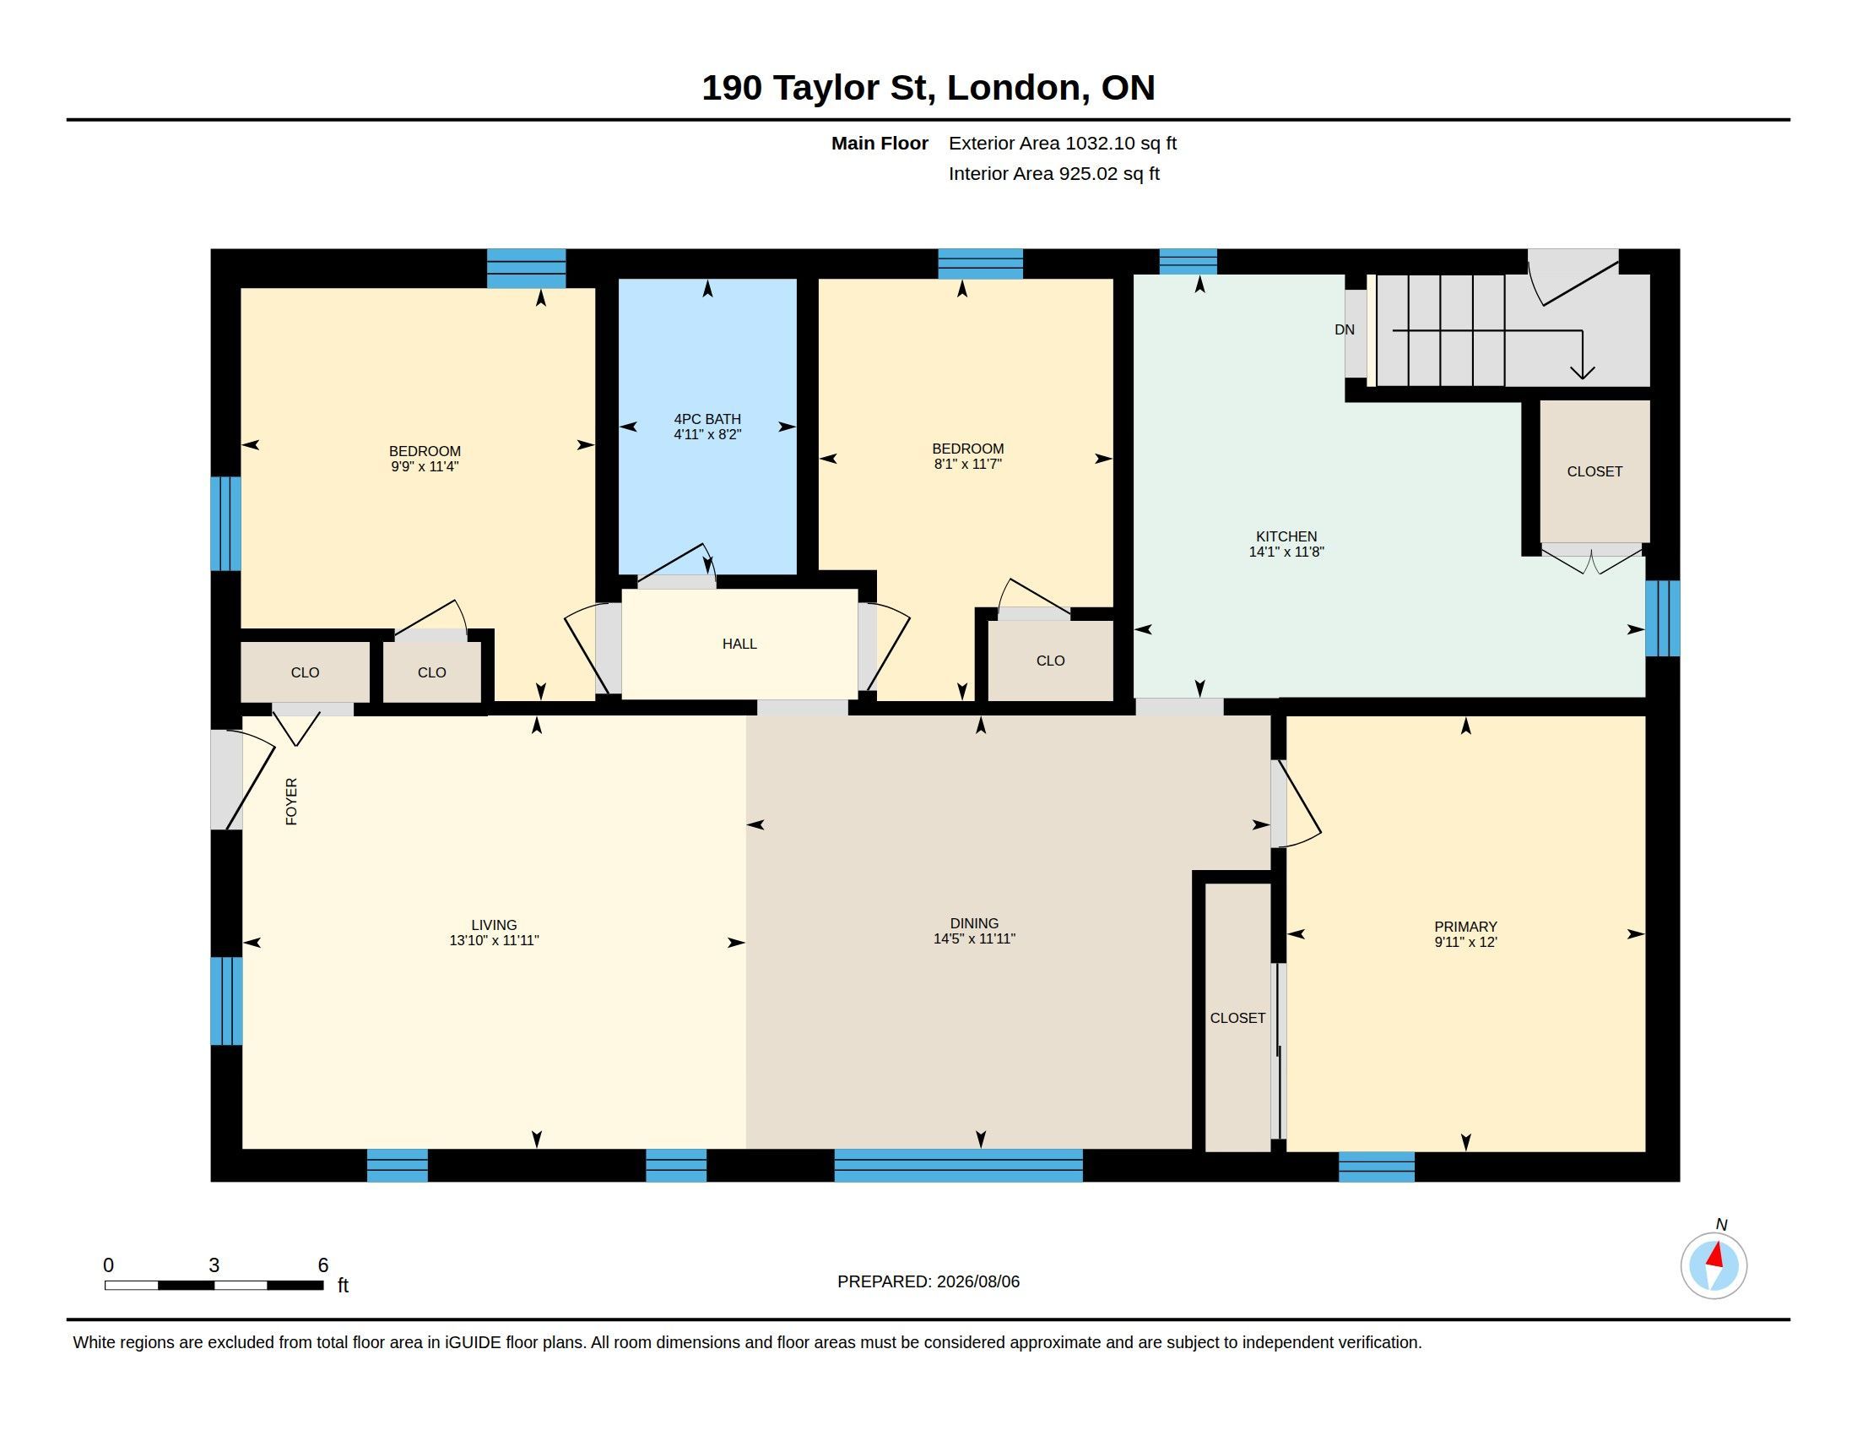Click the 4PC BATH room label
(707, 418)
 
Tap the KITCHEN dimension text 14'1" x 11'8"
(1286, 552)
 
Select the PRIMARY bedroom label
(1465, 927)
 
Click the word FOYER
(292, 802)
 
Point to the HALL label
(739, 644)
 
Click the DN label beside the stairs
(1345, 329)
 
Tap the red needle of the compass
(1715, 1254)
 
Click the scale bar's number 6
(323, 1265)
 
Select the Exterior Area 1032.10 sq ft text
(1062, 143)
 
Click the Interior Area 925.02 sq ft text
(1053, 173)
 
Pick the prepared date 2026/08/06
(977, 1281)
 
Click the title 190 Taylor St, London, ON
(928, 88)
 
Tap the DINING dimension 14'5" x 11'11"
(974, 938)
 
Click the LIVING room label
(494, 925)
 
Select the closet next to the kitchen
(1594, 471)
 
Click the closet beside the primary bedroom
(1238, 1018)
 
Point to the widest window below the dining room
(958, 1166)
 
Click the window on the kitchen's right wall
(1662, 618)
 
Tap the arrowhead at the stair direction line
(1582, 373)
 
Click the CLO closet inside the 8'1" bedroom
(1050, 661)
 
